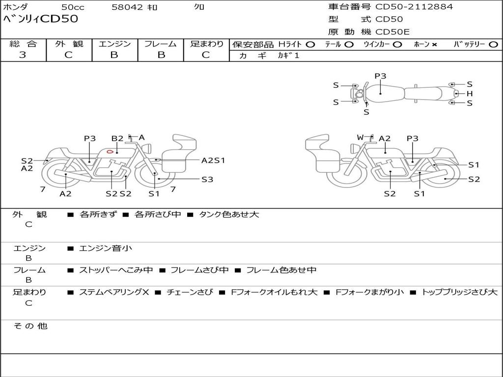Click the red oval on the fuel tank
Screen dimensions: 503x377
click(110, 151)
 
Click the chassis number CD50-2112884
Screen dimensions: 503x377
click(414, 7)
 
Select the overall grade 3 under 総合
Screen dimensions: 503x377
click(23, 55)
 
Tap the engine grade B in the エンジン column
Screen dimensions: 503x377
click(114, 55)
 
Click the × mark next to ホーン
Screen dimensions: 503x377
click(434, 45)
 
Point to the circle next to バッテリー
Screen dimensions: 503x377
click(493, 45)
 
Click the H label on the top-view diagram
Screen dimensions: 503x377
click(470, 94)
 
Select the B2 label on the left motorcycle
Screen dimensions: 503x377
click(117, 138)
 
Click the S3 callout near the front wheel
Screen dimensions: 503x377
click(207, 180)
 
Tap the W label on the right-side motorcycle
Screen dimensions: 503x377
click(361, 137)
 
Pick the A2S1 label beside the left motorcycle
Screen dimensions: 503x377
click(213, 161)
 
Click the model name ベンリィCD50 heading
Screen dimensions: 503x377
click(40, 19)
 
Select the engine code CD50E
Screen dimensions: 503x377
click(392, 32)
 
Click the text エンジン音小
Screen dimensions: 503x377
click(106, 248)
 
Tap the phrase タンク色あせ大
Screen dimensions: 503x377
click(229, 214)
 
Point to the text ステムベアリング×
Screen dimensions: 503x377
click(114, 292)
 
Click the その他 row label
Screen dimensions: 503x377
click(30, 326)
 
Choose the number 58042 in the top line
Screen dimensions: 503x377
click(127, 7)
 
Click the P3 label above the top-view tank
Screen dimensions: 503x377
click(381, 76)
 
